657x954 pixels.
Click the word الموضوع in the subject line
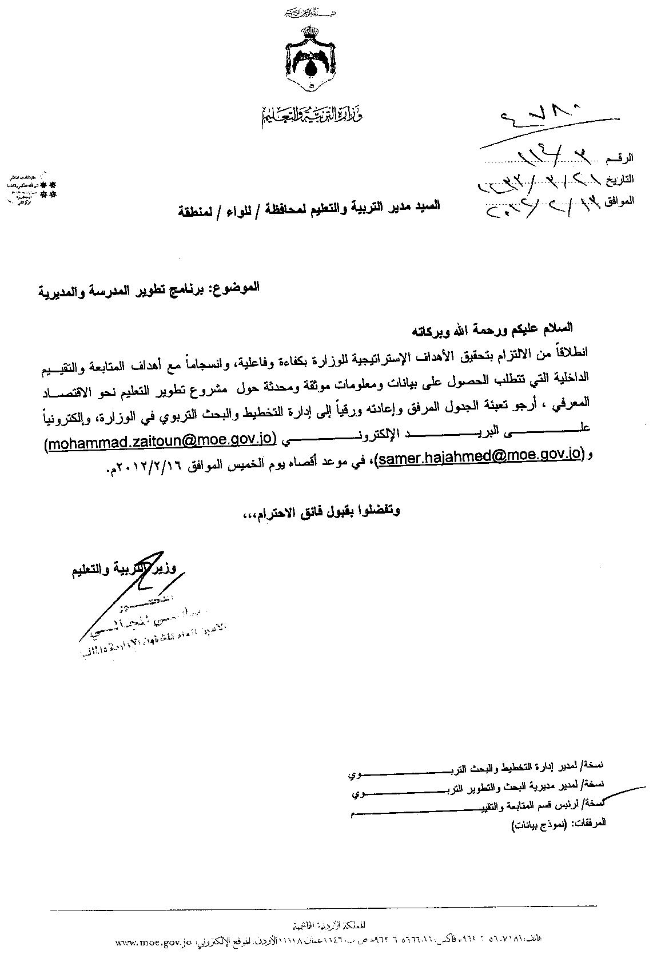pyautogui.click(x=237, y=287)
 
